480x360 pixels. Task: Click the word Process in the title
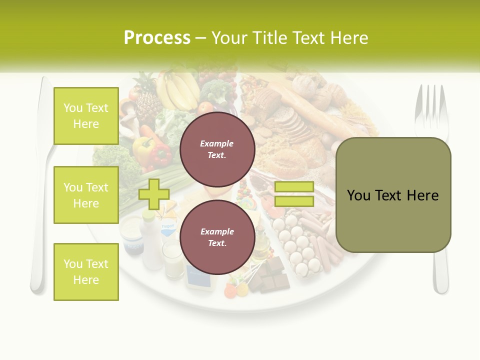coord(157,38)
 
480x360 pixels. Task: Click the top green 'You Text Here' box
coord(86,116)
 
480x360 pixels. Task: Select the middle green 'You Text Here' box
coord(86,195)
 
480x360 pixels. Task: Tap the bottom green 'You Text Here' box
coord(86,271)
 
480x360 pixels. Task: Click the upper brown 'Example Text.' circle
coord(217,149)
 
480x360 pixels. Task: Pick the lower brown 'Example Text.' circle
coord(217,237)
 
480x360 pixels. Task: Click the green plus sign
coord(153,194)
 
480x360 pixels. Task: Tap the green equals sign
coord(294,194)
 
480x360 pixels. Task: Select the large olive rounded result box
coord(393,195)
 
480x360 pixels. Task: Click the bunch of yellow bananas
coord(176,90)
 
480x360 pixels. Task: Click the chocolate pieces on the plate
coord(270,274)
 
